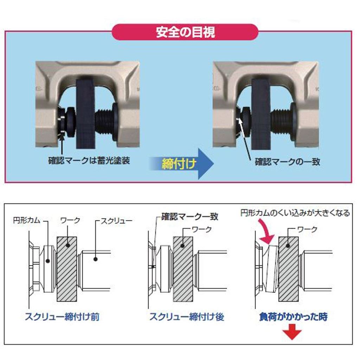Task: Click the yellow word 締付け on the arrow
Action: tap(178, 164)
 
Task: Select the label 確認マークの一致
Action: tap(287, 162)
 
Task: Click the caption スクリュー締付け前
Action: tap(62, 317)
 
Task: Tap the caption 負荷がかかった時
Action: tap(292, 317)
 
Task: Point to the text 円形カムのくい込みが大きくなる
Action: tap(295, 213)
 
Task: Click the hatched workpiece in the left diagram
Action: tap(67, 269)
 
